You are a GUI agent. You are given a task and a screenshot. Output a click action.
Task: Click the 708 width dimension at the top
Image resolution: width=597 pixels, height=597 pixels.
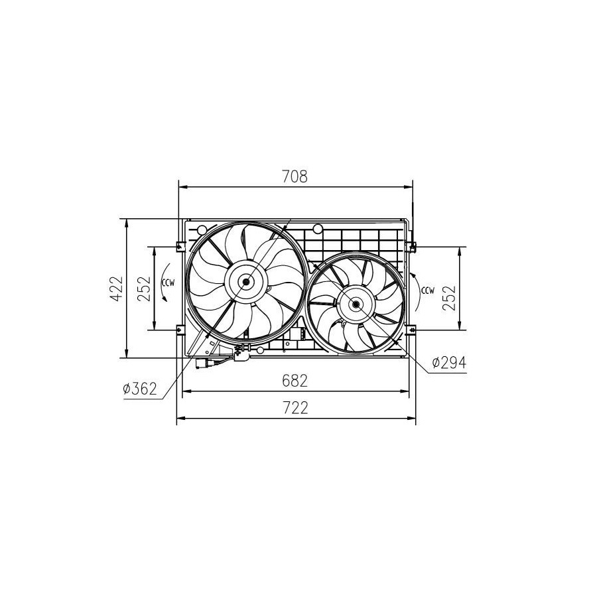[295, 176]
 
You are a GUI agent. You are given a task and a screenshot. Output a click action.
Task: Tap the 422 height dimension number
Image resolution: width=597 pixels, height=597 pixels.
[117, 289]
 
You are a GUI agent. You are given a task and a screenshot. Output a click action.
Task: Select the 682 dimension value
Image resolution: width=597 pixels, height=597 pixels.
[295, 380]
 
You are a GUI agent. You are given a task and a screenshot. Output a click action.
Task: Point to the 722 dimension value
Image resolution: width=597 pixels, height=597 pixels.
[295, 408]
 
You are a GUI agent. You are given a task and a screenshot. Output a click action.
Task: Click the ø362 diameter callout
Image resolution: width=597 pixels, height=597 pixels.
[140, 389]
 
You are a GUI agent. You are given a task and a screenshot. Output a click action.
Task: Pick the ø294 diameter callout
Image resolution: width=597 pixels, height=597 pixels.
[449, 363]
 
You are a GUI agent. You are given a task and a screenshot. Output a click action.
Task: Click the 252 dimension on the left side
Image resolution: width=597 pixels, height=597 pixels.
[145, 289]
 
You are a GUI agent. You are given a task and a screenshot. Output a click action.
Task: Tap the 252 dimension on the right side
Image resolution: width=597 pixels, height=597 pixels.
[449, 298]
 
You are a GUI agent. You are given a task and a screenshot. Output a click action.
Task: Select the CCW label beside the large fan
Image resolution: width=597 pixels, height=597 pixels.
[168, 283]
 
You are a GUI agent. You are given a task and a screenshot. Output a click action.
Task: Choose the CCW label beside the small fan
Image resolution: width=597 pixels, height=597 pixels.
[428, 291]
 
